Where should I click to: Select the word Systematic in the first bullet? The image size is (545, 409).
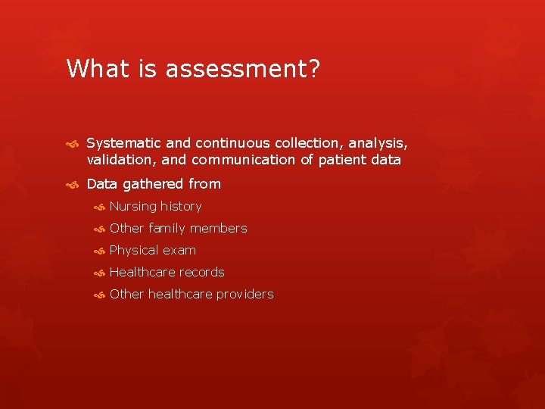[x=123, y=142]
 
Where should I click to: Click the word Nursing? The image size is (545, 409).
[x=132, y=207]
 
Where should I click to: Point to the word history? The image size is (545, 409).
[x=181, y=207]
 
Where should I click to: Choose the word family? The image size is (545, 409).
[x=167, y=228]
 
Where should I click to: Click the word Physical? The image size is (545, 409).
[x=134, y=251]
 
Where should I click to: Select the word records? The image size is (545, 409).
[x=200, y=272]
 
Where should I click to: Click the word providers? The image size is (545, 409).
[x=243, y=294]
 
